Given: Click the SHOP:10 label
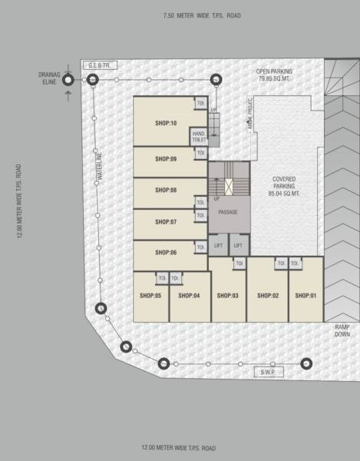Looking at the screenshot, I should pos(166,123).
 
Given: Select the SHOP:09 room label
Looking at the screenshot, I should pos(166,159).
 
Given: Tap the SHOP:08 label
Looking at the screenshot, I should pos(166,190).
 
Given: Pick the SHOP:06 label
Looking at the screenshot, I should pos(166,252).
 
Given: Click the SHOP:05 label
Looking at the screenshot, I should pos(150,295).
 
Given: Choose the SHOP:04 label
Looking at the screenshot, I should pos(189,295).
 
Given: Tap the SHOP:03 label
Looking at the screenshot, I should pos(228,295).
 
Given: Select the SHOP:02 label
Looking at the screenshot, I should pos(267,295).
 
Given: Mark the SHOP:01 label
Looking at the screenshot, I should pos(306,295).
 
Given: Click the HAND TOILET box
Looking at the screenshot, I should pos(198,137).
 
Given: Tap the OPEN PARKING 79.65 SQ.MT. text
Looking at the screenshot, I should pos(273,74).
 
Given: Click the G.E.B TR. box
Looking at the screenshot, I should pos(101,66).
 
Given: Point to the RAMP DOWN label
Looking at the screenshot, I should pos(342,330).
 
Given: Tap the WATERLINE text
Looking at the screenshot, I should pos(99,167).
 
